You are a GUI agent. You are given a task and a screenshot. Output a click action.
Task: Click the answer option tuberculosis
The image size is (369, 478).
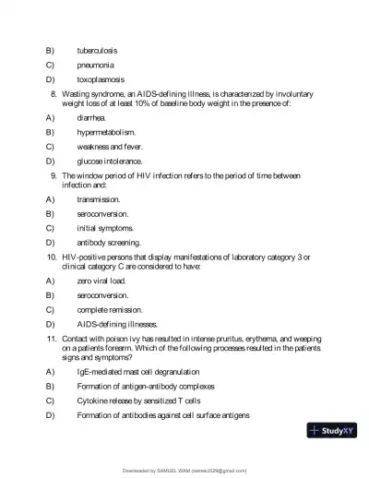tap(97, 50)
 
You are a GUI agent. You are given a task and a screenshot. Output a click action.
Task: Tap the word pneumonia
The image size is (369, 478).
tap(97, 65)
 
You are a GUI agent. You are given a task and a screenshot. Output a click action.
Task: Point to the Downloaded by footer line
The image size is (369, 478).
tap(184, 471)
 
